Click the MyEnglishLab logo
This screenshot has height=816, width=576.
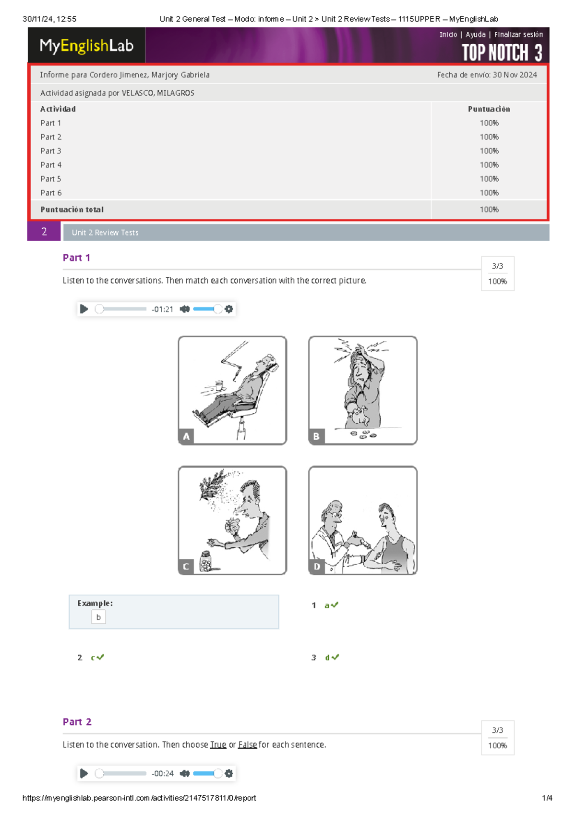coord(86,46)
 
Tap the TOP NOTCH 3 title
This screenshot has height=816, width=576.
coord(502,52)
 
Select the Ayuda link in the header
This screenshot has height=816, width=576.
coord(475,35)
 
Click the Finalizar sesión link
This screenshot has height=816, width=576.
coord(518,35)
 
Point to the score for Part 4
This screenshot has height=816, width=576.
coord(489,165)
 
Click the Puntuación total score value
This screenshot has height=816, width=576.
coord(489,210)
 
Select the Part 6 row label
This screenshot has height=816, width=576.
coord(51,193)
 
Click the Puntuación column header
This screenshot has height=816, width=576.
coord(489,109)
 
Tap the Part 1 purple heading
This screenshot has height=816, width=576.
coord(76,258)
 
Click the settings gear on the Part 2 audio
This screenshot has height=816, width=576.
coord(228,773)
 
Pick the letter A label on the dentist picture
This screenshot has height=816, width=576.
coord(186,436)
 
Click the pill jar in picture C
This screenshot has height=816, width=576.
coord(206,561)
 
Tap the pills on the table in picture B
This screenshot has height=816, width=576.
coord(363,434)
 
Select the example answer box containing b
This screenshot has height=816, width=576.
coord(98,617)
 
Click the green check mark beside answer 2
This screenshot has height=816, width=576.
coord(100,657)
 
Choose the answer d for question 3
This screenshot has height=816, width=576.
coord(327,657)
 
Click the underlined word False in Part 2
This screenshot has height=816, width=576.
coord(247,744)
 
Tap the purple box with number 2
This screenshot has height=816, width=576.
coord(44,231)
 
